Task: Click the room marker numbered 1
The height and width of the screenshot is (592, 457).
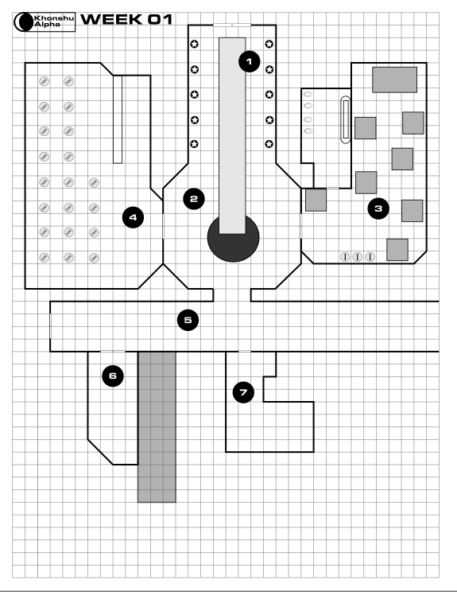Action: [x=250, y=61]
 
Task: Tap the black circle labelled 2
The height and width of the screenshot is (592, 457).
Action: [x=194, y=199]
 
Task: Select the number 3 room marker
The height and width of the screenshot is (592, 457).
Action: [x=378, y=208]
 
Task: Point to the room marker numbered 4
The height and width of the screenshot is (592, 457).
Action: [x=133, y=217]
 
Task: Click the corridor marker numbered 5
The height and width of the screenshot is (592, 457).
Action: [x=188, y=320]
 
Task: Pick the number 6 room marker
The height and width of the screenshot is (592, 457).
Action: [x=113, y=376]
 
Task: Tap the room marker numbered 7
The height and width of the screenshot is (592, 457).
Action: [x=243, y=392]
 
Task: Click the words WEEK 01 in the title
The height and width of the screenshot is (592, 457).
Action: [x=126, y=19]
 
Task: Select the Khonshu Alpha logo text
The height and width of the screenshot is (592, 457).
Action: [x=54, y=21]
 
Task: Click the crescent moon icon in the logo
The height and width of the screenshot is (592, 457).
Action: [x=24, y=22]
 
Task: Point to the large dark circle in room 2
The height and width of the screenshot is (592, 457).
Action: [x=233, y=238]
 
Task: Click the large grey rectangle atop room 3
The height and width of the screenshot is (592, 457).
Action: [x=394, y=80]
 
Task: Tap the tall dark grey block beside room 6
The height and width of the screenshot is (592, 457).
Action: [x=157, y=427]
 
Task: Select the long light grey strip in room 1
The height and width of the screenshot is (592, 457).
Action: [x=232, y=135]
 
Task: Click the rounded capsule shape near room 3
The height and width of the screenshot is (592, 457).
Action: [x=346, y=119]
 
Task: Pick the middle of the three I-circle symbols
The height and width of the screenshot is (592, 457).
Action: [x=357, y=257]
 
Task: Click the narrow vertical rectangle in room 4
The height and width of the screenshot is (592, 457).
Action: [x=118, y=119]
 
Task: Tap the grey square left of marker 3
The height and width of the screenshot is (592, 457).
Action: [x=316, y=200]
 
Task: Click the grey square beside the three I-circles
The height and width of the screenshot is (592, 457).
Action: [x=397, y=250]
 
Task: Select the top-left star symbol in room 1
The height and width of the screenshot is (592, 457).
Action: [x=194, y=45]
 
